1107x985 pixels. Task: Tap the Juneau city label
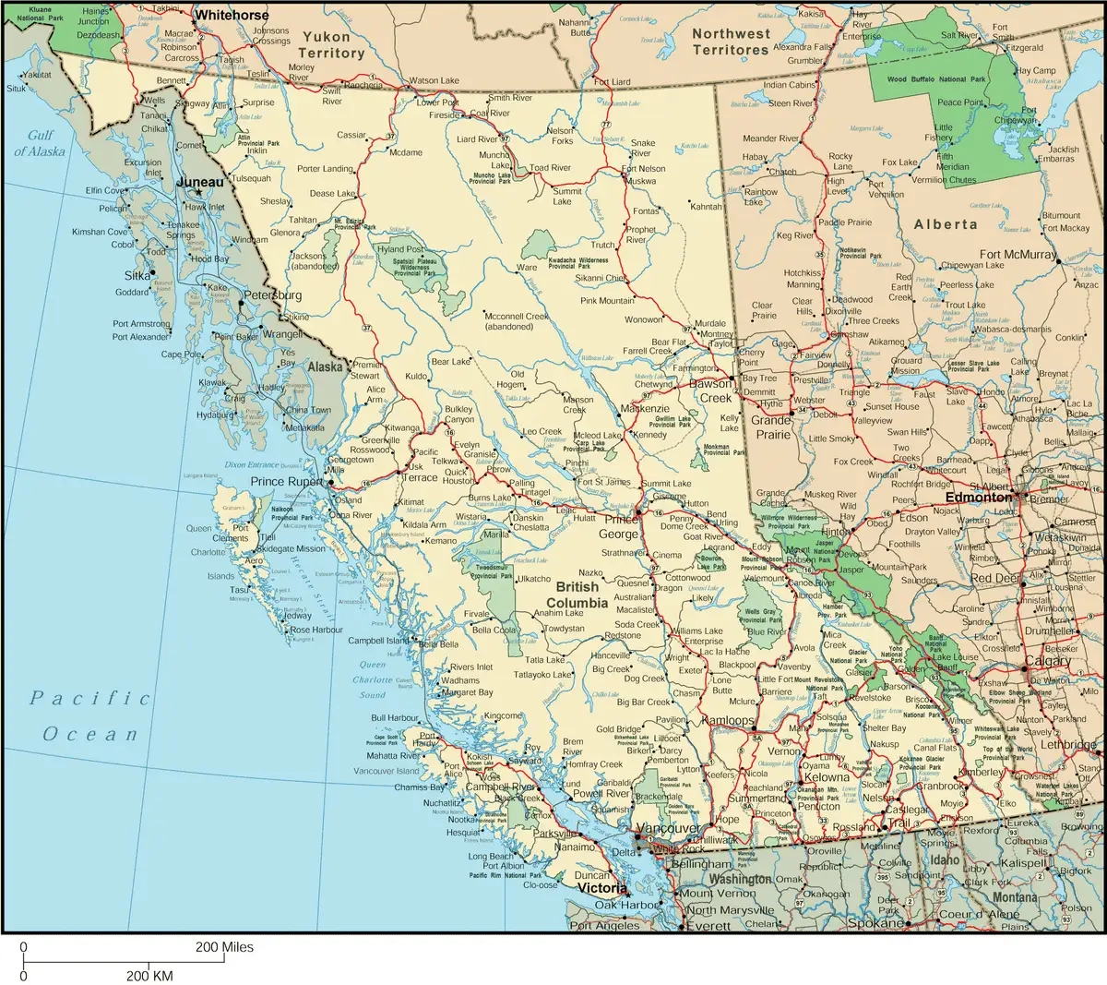point(200,182)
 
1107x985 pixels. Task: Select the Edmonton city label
point(979,497)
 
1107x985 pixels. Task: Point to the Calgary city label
point(1048,661)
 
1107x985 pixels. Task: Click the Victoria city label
point(602,888)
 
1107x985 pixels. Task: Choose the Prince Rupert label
point(288,482)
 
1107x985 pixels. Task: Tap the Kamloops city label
point(728,719)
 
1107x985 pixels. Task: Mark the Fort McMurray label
point(1018,255)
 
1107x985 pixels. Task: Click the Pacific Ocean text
point(89,715)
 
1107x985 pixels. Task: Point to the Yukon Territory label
point(327,44)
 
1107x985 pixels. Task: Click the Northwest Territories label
point(731,41)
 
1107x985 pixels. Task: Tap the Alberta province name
point(946,224)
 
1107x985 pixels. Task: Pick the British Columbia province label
point(577,595)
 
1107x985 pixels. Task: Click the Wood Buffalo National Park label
point(936,80)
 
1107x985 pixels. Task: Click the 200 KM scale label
point(149,976)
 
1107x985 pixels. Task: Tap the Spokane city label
point(875,923)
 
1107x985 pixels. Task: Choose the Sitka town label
point(137,275)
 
